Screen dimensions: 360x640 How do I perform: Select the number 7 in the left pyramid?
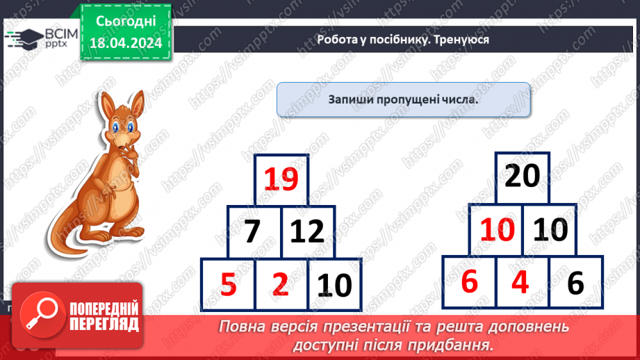252,231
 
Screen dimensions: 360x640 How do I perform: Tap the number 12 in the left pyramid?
308,231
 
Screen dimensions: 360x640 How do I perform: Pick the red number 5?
228,284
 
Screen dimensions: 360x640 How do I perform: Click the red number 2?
280,284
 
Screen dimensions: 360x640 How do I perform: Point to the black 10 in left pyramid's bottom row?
335,285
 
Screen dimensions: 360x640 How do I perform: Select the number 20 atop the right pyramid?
522,177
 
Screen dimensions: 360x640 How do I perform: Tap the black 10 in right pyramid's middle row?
549,229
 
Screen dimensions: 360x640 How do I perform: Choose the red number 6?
469,281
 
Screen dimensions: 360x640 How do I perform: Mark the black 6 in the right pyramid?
576,283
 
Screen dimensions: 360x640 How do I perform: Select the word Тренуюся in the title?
461,40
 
